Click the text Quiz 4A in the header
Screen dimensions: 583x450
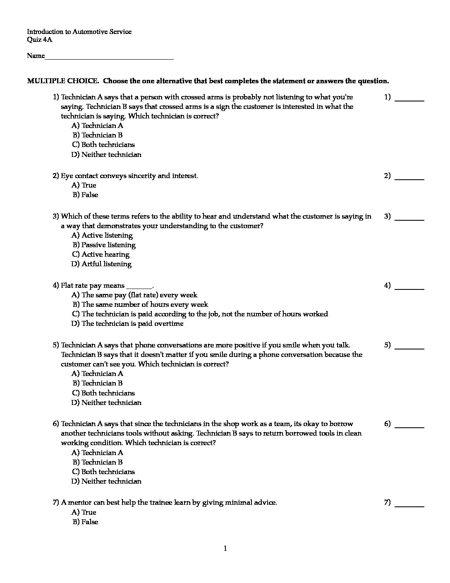coord(40,40)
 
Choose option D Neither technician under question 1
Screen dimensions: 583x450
coord(106,154)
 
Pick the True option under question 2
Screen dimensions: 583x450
coord(84,185)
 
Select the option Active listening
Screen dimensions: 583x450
coord(102,235)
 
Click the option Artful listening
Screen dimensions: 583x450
coord(101,264)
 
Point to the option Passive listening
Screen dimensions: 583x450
coord(104,245)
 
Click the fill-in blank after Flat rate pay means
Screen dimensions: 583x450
coord(139,287)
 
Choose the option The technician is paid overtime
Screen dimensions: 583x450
coord(127,323)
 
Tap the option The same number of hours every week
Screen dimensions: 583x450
coord(140,304)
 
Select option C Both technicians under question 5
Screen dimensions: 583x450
coord(103,393)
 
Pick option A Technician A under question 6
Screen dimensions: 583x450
coord(98,453)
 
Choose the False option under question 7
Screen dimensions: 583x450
coord(86,522)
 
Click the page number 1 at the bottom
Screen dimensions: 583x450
coord(225,549)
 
